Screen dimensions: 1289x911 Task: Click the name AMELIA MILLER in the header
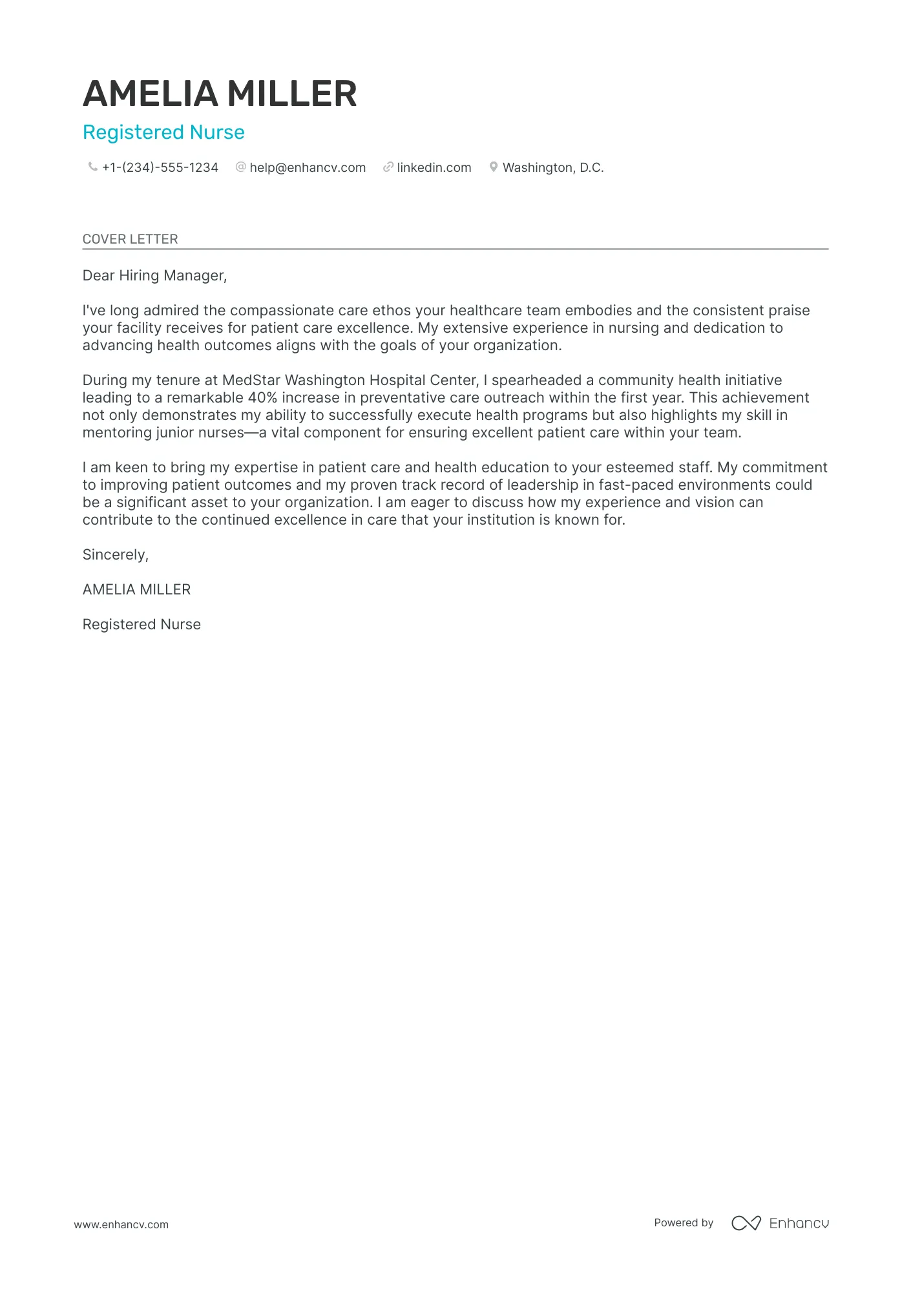pyautogui.click(x=220, y=94)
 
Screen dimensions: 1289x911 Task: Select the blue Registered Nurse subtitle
pyautogui.click(x=163, y=132)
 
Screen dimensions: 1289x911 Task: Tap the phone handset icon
pyautogui.click(x=92, y=167)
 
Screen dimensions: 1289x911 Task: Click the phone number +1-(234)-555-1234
pyautogui.click(x=160, y=168)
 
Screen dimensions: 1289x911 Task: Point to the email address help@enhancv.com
pyautogui.click(x=308, y=168)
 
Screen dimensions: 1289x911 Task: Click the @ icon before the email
pyautogui.click(x=241, y=167)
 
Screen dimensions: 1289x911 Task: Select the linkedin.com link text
pyautogui.click(x=434, y=168)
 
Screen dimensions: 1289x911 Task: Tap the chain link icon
pyautogui.click(x=388, y=167)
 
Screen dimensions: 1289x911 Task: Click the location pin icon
pyautogui.click(x=494, y=167)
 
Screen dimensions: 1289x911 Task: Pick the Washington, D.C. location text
pyautogui.click(x=553, y=168)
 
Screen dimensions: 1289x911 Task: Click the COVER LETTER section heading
pyautogui.click(x=130, y=239)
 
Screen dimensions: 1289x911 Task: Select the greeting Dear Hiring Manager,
pyautogui.click(x=154, y=276)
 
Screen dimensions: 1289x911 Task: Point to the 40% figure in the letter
pyautogui.click(x=262, y=398)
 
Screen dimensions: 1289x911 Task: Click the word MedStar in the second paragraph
pyautogui.click(x=251, y=381)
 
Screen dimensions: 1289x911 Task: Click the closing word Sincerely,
pyautogui.click(x=116, y=555)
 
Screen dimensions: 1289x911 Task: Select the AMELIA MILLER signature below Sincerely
pyautogui.click(x=136, y=590)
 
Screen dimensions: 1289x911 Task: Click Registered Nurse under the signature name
pyautogui.click(x=141, y=625)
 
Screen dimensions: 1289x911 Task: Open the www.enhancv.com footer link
pyautogui.click(x=121, y=1224)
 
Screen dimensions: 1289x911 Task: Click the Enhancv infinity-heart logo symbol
pyautogui.click(x=746, y=1223)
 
